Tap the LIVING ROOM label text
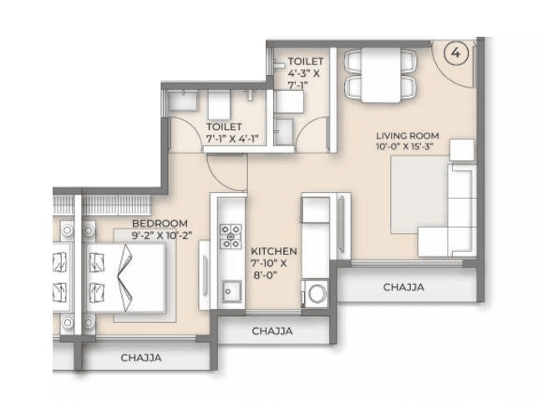407,136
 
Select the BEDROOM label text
160,224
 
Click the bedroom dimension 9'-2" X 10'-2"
160,235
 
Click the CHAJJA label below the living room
403,286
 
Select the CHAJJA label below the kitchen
272,331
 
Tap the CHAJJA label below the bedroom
140,358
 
